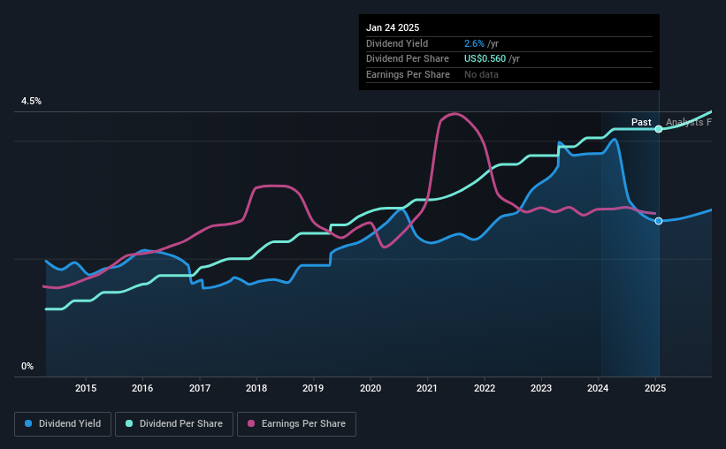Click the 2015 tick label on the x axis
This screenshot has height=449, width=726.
click(x=86, y=388)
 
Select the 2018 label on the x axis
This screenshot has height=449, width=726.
click(x=256, y=388)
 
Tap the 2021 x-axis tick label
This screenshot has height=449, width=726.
click(x=427, y=388)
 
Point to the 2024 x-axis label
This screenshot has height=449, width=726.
click(x=599, y=388)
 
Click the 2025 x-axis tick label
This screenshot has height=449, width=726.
click(x=655, y=388)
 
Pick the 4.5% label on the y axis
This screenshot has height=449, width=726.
click(x=31, y=102)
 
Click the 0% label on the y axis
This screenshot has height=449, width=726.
click(x=27, y=366)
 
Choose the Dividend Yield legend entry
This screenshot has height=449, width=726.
click(x=61, y=424)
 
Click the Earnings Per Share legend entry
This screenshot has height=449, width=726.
click(x=296, y=424)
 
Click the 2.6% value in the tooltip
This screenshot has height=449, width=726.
click(x=474, y=43)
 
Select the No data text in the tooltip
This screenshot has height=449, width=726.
click(x=481, y=74)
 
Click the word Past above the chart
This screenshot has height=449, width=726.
click(x=641, y=122)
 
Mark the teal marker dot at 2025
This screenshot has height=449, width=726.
click(x=659, y=129)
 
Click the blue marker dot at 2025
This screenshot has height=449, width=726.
click(x=659, y=221)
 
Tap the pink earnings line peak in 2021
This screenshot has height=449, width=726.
click(x=454, y=113)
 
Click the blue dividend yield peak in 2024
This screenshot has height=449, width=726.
click(x=615, y=140)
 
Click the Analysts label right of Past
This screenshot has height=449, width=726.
click(x=688, y=122)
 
